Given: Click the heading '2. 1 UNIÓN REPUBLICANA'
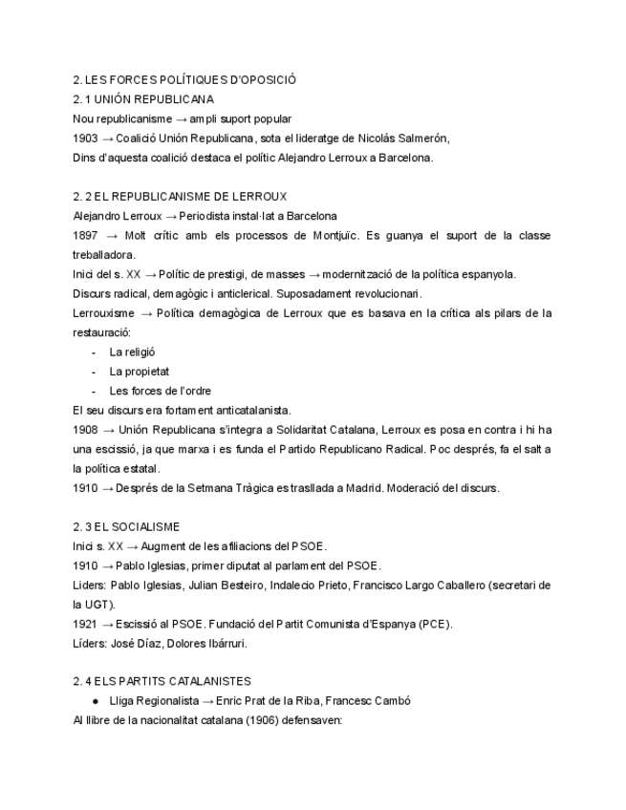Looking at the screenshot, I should (x=143, y=99).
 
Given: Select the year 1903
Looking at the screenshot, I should (x=86, y=139).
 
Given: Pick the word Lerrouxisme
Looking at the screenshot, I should (x=105, y=313).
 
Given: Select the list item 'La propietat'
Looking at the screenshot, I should (x=140, y=372).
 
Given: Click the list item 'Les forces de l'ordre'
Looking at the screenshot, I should (x=161, y=391).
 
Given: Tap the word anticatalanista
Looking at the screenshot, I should (x=248, y=410).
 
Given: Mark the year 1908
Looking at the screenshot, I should (x=86, y=430).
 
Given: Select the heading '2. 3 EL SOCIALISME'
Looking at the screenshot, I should (x=126, y=527).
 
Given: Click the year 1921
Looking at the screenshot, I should (x=86, y=625).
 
